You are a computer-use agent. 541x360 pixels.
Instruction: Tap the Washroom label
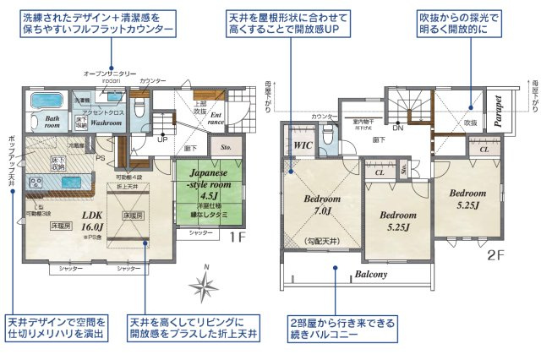[107, 123]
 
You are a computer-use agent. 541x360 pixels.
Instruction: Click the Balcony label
[370, 274]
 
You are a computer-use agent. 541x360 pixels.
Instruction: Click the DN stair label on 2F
[398, 128]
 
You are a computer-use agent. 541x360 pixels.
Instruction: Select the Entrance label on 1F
[218, 118]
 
